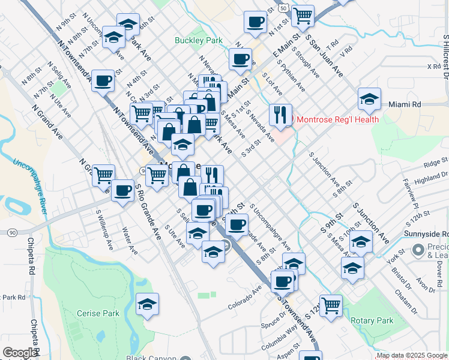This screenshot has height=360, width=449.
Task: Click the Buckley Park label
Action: point(198,41)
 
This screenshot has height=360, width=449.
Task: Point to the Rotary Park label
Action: point(372,320)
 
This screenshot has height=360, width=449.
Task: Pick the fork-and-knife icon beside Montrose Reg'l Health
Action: point(280,115)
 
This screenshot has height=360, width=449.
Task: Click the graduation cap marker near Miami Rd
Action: point(369,98)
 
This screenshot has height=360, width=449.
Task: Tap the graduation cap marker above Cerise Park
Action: point(147,304)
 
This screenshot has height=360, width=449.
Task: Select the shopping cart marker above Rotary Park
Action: point(331,305)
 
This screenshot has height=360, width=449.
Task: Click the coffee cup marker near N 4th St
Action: point(103,80)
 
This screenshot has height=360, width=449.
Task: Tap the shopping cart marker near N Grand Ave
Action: point(103,175)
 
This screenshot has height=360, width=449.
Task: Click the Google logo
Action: point(20,353)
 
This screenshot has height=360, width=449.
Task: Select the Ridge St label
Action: point(435,162)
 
